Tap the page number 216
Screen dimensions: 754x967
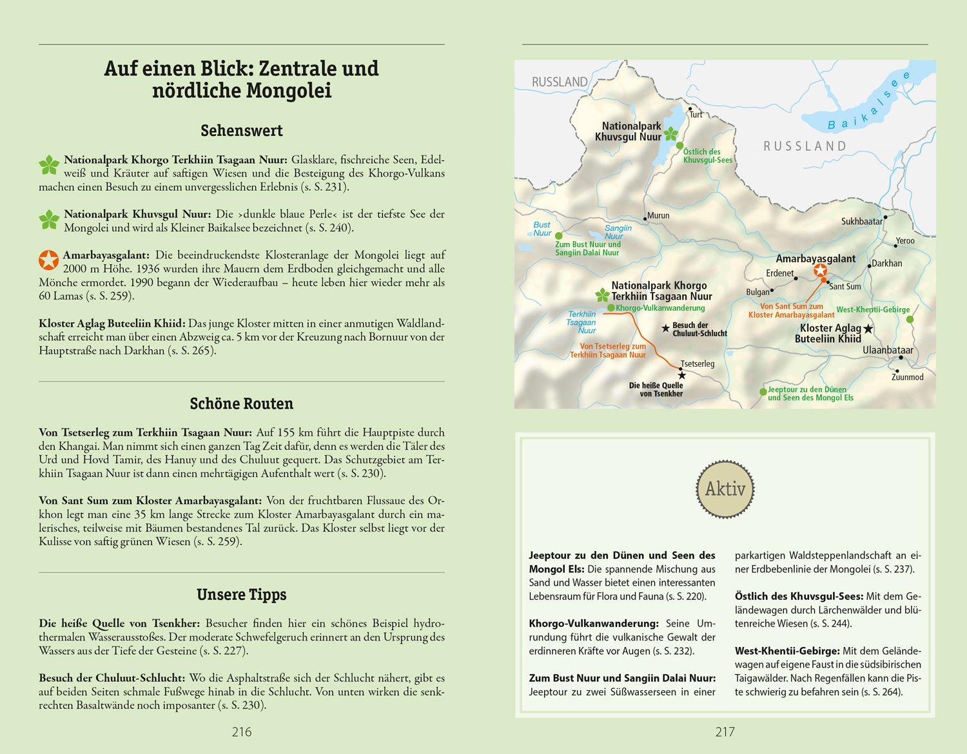coord(241,731)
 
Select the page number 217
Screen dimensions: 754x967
coord(725,731)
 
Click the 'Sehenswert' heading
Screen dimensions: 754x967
coord(241,130)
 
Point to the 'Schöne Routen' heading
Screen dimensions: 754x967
coord(241,403)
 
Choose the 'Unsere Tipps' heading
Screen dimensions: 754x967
coord(241,594)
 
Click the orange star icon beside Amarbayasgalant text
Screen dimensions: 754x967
coord(48,259)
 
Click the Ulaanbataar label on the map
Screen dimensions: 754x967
coord(888,350)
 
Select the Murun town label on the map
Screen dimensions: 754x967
coord(658,215)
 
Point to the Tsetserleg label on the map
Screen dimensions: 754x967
coord(698,363)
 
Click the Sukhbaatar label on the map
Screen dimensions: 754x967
coord(861,221)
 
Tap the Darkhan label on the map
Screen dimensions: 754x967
coord(886,263)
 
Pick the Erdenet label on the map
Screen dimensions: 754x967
coord(779,273)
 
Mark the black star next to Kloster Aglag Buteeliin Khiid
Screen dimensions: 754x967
coord(868,329)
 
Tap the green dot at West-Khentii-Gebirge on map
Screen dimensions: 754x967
coord(910,320)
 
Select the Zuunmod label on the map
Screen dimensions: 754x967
coord(907,377)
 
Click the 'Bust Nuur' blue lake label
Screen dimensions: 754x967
coord(542,229)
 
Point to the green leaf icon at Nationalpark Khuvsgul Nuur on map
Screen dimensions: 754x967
coord(671,134)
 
